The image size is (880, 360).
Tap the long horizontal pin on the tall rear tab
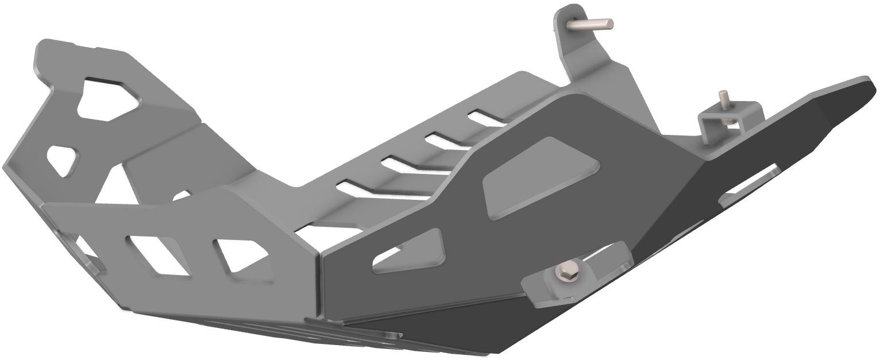tap(592, 24)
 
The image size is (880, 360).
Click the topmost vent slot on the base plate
tap(486, 118)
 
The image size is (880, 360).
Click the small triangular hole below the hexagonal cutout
tap(62, 160)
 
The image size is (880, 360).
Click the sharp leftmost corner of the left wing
tap(4, 167)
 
